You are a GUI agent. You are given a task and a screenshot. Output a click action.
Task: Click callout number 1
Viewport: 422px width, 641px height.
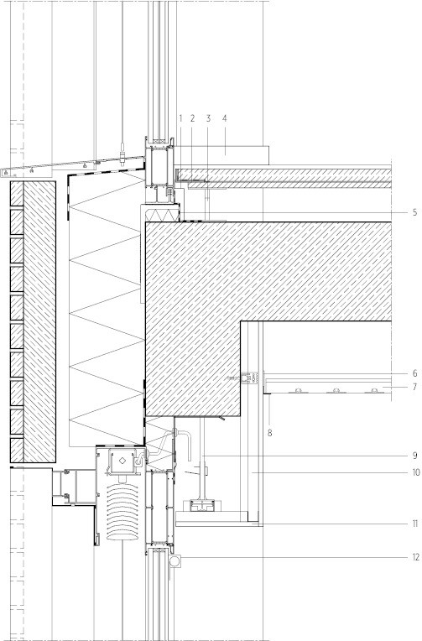point(180,118)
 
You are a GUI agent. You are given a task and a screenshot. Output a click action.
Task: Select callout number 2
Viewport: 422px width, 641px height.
point(193,118)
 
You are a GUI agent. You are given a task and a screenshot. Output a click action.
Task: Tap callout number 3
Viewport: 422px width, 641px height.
point(208,118)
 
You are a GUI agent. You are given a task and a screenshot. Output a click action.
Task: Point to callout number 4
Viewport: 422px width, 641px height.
point(225,118)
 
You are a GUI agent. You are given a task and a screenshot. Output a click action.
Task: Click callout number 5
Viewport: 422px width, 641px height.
point(414,212)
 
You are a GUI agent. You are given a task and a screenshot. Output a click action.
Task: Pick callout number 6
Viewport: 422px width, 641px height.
point(414,373)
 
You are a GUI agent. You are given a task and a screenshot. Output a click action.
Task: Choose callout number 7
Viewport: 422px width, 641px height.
point(414,387)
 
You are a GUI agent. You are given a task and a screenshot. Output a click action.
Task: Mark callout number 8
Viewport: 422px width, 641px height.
point(269,433)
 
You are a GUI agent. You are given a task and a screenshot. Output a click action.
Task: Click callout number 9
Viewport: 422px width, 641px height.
point(414,456)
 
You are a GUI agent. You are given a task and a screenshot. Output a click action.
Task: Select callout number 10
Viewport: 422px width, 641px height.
point(416,472)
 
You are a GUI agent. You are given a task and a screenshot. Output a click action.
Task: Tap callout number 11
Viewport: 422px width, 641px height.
point(415,524)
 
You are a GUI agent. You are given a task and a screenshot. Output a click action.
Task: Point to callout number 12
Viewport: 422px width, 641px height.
point(416,557)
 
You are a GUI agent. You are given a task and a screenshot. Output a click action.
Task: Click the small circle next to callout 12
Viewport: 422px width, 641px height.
point(175,560)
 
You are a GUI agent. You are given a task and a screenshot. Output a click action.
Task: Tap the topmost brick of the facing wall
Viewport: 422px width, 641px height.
point(17,193)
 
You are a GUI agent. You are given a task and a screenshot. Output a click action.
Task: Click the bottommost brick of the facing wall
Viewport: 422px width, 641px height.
point(17,450)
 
